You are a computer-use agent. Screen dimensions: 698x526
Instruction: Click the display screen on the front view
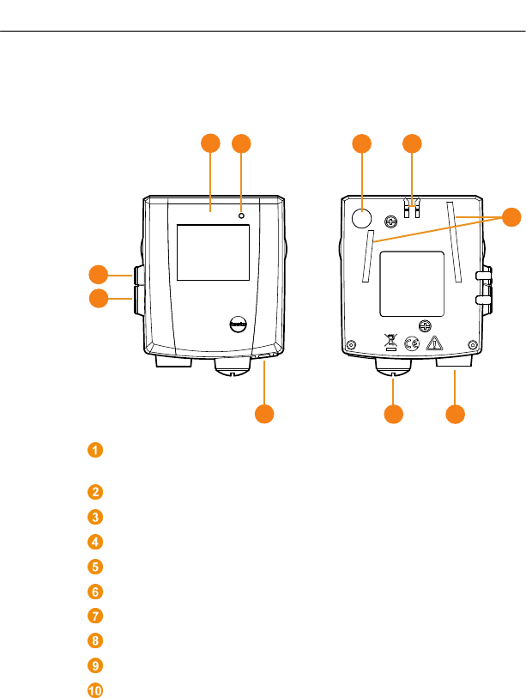click(x=213, y=252)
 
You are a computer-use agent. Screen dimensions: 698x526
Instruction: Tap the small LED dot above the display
click(x=241, y=215)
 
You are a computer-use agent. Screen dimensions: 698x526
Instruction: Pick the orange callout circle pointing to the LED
click(x=241, y=143)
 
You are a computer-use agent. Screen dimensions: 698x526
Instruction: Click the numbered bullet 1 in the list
click(x=95, y=450)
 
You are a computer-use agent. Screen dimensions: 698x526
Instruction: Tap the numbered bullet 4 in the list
click(x=95, y=542)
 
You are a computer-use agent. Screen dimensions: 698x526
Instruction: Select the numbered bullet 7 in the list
click(x=95, y=616)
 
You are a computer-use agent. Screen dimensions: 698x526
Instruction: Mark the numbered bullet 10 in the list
click(x=95, y=689)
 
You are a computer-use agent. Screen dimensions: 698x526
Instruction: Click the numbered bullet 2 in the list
click(x=95, y=492)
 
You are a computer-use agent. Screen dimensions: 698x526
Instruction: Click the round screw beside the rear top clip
click(x=392, y=220)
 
